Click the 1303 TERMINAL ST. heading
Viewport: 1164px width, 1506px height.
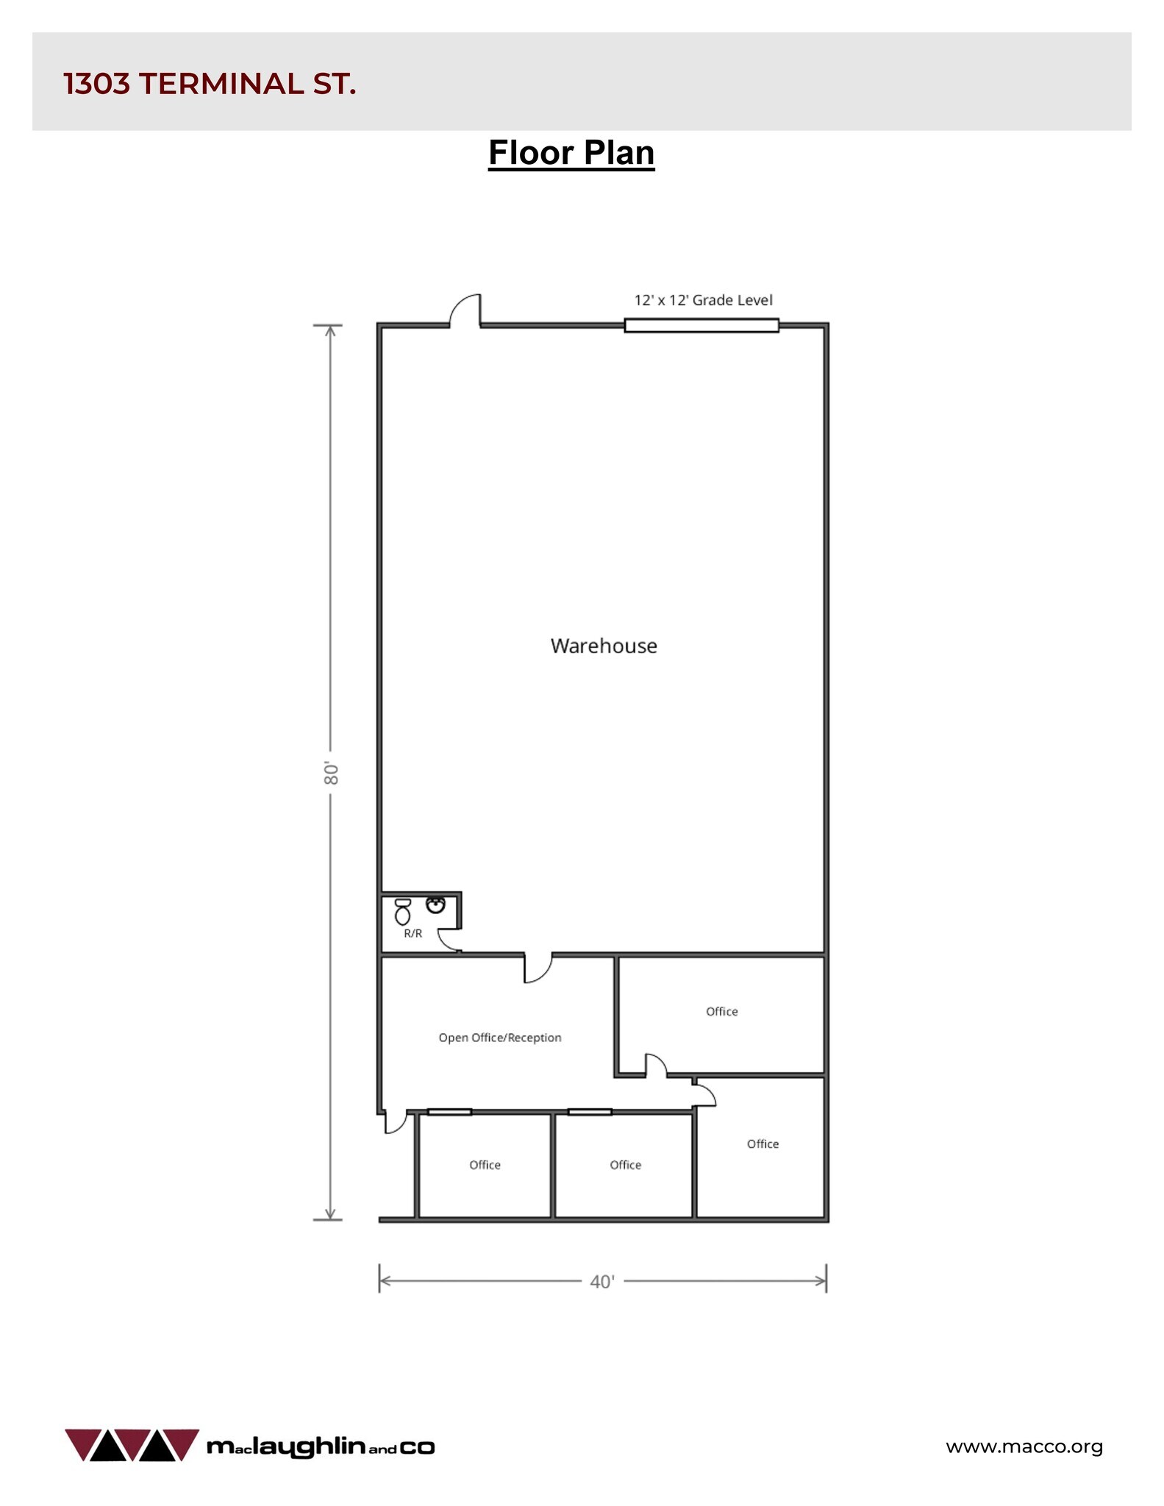(x=210, y=84)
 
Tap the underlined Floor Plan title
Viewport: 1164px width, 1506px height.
(x=571, y=153)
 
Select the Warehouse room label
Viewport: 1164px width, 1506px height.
(x=604, y=646)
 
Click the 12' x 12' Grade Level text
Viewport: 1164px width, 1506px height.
(x=703, y=300)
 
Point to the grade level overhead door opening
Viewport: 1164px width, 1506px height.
(x=701, y=325)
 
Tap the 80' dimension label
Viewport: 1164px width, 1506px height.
(x=331, y=773)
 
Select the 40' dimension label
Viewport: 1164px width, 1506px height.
(x=601, y=1281)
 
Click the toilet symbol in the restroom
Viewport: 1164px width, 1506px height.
(x=402, y=912)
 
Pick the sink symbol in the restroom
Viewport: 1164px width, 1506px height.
(x=435, y=904)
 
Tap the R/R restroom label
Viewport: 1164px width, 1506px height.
(x=413, y=933)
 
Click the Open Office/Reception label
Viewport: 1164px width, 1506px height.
(x=500, y=1038)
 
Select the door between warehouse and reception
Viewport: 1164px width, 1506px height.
(x=538, y=968)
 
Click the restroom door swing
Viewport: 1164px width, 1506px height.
(x=449, y=940)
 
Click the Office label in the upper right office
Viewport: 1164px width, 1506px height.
(x=721, y=1011)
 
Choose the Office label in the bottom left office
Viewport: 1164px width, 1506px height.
(x=485, y=1165)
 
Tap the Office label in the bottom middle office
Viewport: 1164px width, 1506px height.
(x=625, y=1165)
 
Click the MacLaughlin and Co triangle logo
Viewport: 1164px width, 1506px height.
(x=132, y=1445)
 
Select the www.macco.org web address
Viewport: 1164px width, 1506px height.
(x=1024, y=1446)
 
